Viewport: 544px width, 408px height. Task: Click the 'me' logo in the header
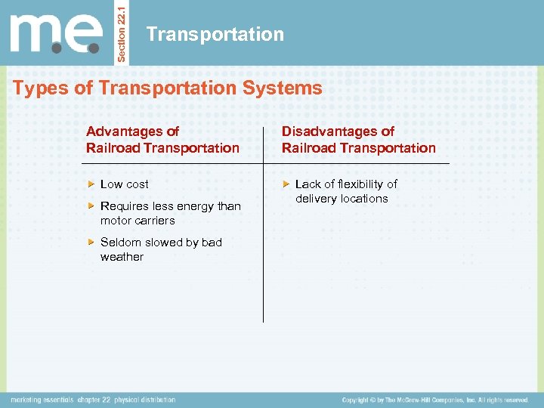(x=56, y=35)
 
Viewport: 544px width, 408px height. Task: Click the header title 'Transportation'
(x=215, y=34)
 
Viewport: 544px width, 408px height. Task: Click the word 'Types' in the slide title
(x=36, y=88)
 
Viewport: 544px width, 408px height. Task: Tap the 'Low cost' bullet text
(x=125, y=184)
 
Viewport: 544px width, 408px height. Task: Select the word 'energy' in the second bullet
(x=189, y=206)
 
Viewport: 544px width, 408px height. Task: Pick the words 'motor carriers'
(x=138, y=221)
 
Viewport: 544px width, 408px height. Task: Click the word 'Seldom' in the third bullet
(x=119, y=243)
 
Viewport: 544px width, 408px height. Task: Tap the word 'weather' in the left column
(x=122, y=257)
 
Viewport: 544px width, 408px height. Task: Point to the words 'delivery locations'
(x=342, y=199)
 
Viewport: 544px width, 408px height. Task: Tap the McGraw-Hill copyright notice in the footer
(x=434, y=400)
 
